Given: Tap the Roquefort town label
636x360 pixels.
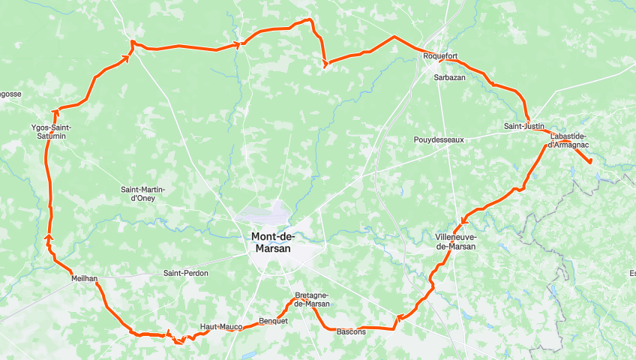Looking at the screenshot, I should tap(440, 55).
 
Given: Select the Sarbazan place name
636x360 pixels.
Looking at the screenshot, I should tap(450, 77).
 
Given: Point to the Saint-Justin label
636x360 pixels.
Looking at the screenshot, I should tap(523, 126).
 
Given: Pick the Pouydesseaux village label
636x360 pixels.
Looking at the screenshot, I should tap(439, 139).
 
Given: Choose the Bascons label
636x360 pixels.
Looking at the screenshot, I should tap(351, 331).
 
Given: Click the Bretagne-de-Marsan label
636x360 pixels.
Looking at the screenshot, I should tap(312, 299).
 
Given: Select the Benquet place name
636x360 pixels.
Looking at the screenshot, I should tap(273, 321).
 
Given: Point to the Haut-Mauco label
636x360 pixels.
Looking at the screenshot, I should tap(220, 327).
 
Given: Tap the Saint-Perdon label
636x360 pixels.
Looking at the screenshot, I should tap(185, 274).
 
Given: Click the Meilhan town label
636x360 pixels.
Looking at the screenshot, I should tap(84, 278).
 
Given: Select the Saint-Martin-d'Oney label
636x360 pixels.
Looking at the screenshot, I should tap(142, 193).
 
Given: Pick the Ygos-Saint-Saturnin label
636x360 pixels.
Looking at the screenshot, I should tap(52, 132).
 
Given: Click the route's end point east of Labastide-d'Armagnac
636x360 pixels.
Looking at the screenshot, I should tap(590, 161).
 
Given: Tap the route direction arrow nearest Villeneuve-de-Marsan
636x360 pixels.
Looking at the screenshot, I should tap(465, 220).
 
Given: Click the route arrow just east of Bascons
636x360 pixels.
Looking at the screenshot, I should tap(400, 317).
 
